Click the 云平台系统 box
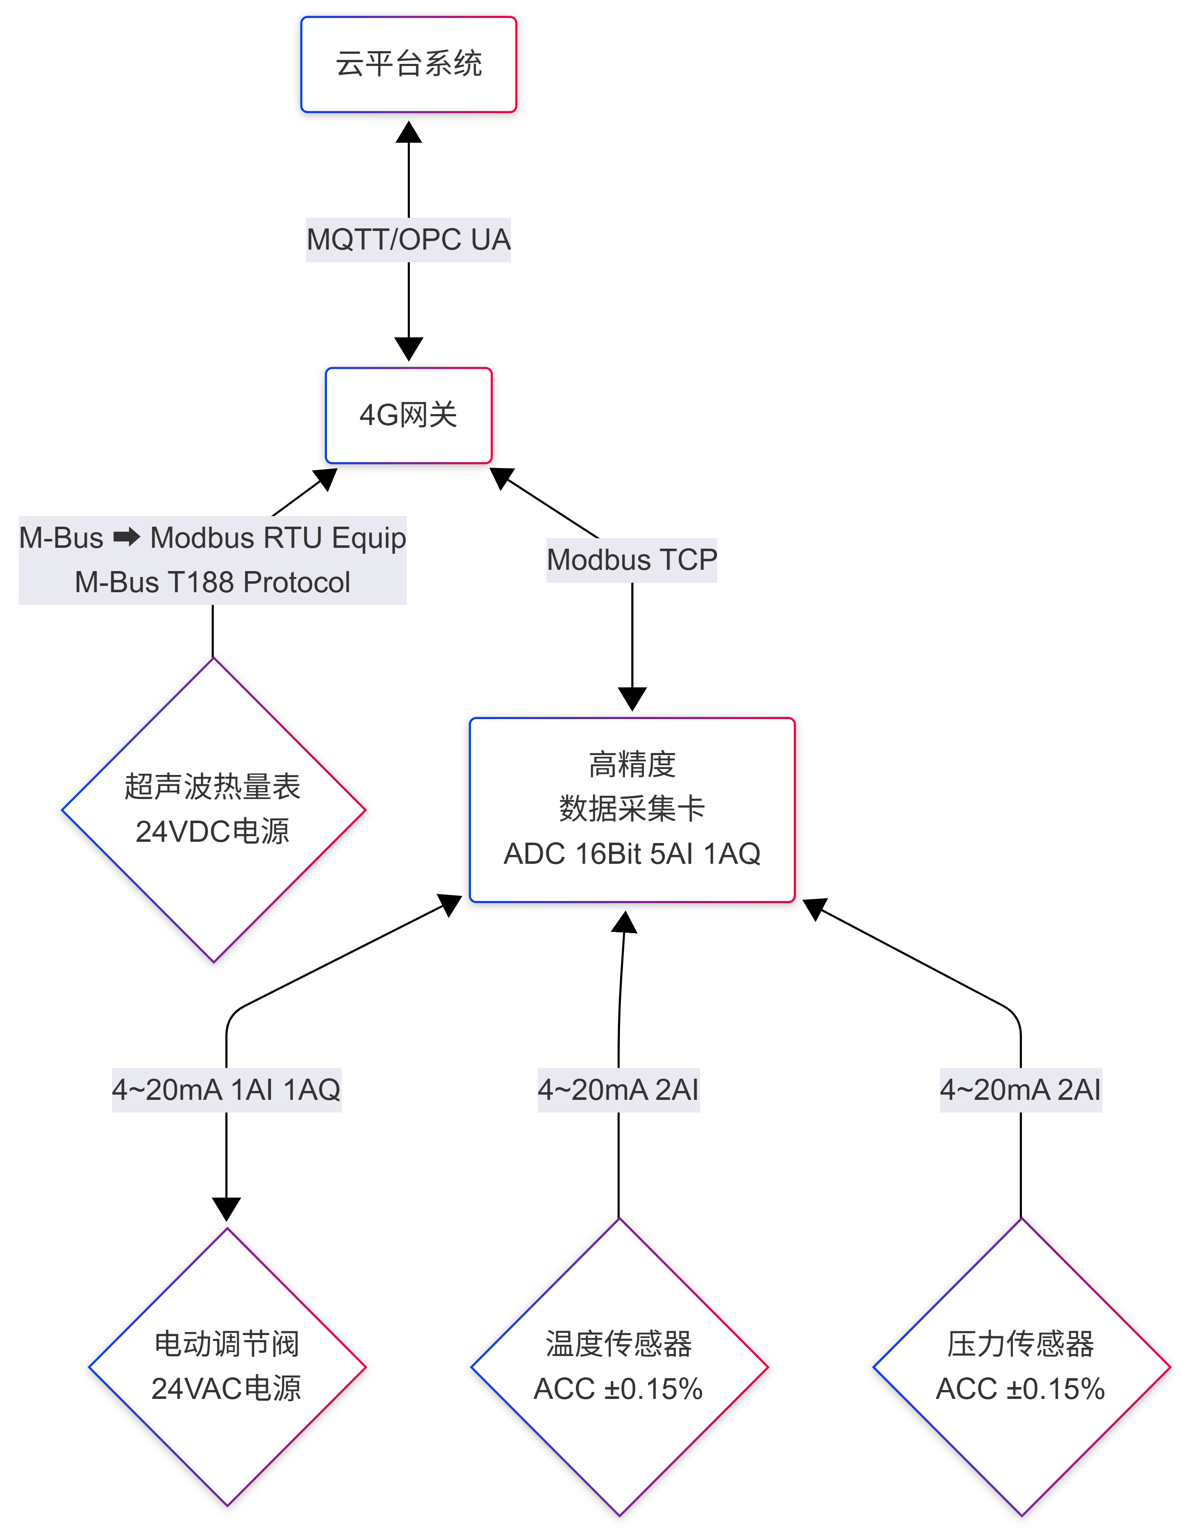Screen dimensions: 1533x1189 [409, 64]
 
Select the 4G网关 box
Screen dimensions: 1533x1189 [409, 415]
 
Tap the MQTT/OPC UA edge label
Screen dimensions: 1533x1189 [409, 240]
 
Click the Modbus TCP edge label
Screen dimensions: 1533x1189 [632, 560]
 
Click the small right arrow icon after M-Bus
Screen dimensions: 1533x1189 [126, 538]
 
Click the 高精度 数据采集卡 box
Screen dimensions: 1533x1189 [632, 786]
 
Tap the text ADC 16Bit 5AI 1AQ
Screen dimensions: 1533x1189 [632, 854]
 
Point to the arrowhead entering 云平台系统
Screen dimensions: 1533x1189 [409, 132]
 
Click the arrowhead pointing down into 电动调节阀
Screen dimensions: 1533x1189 [226, 1209]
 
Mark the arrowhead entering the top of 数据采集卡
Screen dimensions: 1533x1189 [632, 698]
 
